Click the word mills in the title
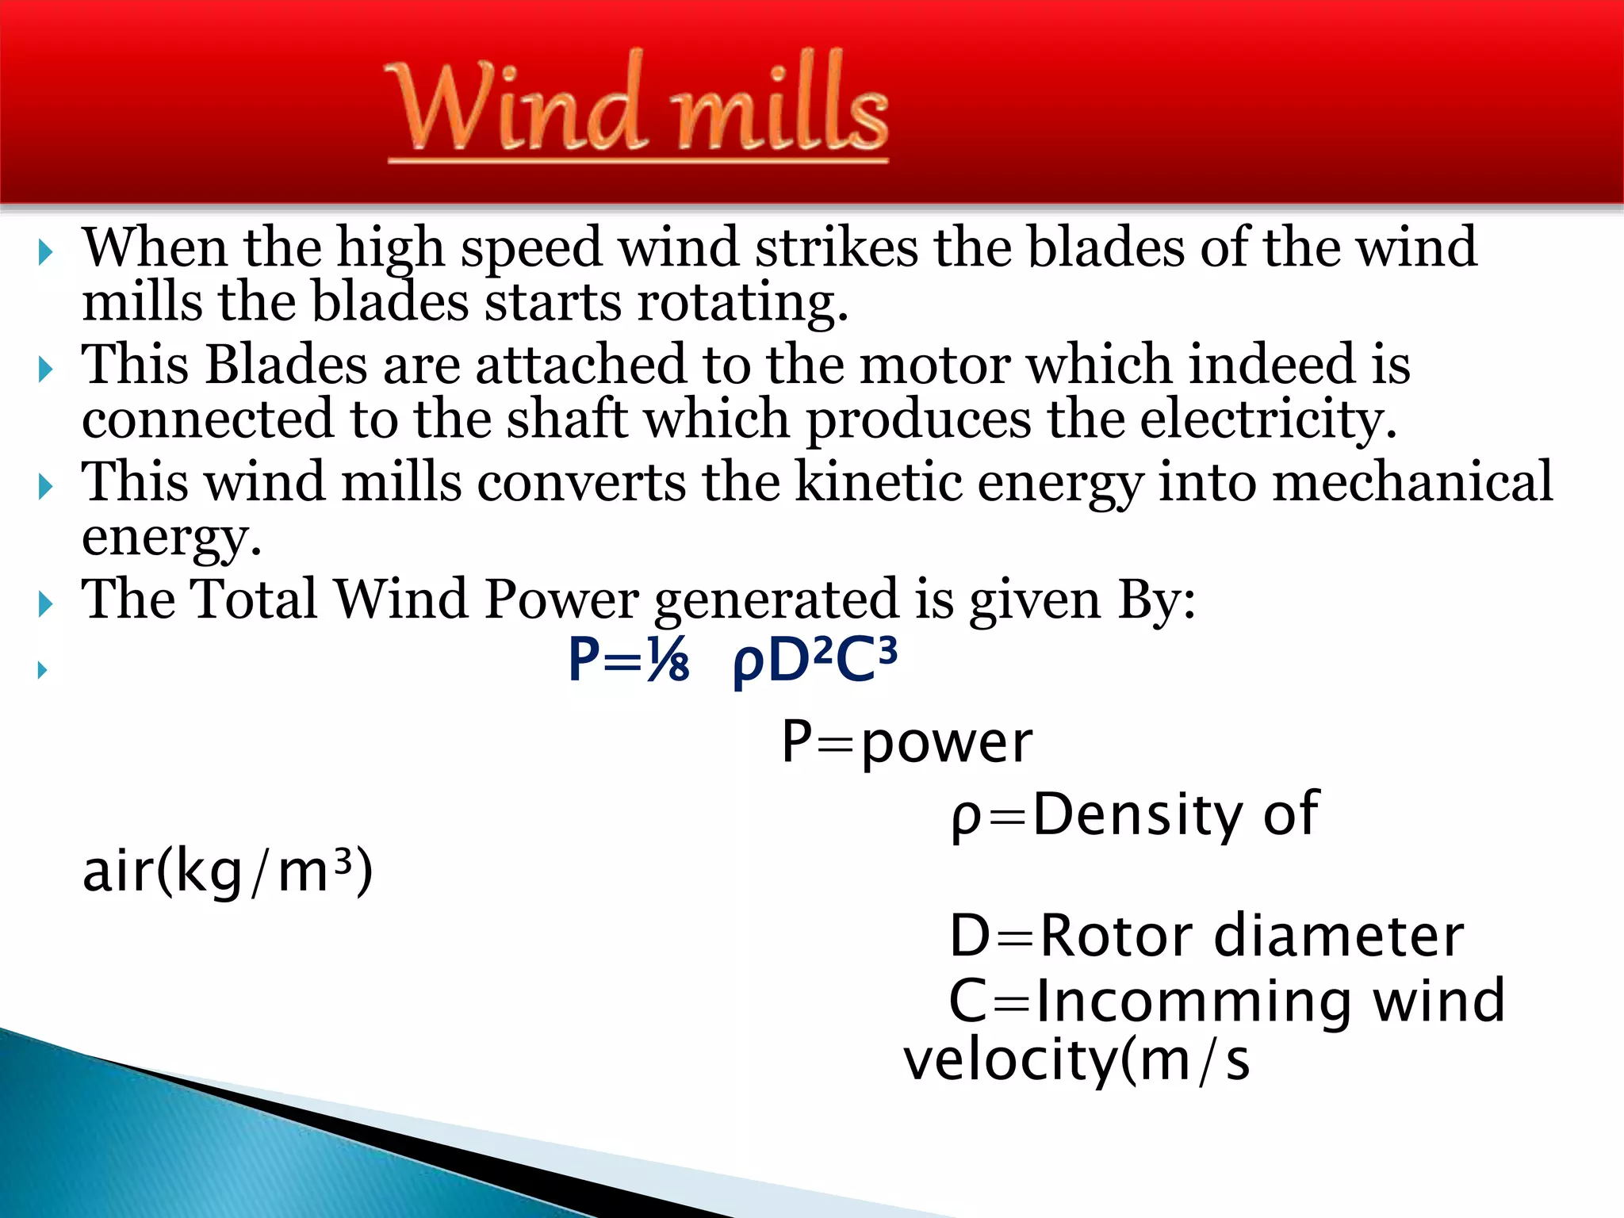coord(780,105)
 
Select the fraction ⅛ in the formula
coord(667,661)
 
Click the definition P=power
coord(906,743)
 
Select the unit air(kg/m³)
coord(228,871)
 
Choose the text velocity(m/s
coord(1076,1060)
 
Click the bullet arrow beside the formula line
coord(44,670)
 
